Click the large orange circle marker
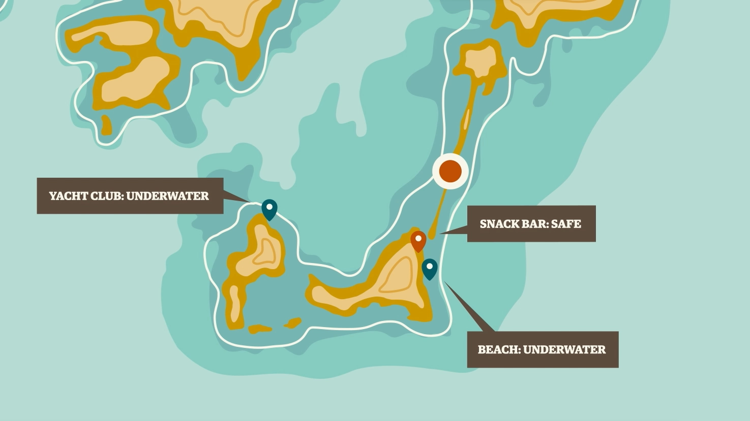[x=451, y=171]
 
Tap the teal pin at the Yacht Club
[x=269, y=209]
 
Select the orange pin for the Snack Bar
[x=418, y=240]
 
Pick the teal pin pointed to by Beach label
[x=430, y=269]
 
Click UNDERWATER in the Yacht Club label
[x=167, y=196]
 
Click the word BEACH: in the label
[x=498, y=350]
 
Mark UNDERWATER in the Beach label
[x=564, y=350]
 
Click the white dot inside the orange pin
[x=418, y=238]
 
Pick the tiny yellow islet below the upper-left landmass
[x=106, y=125]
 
